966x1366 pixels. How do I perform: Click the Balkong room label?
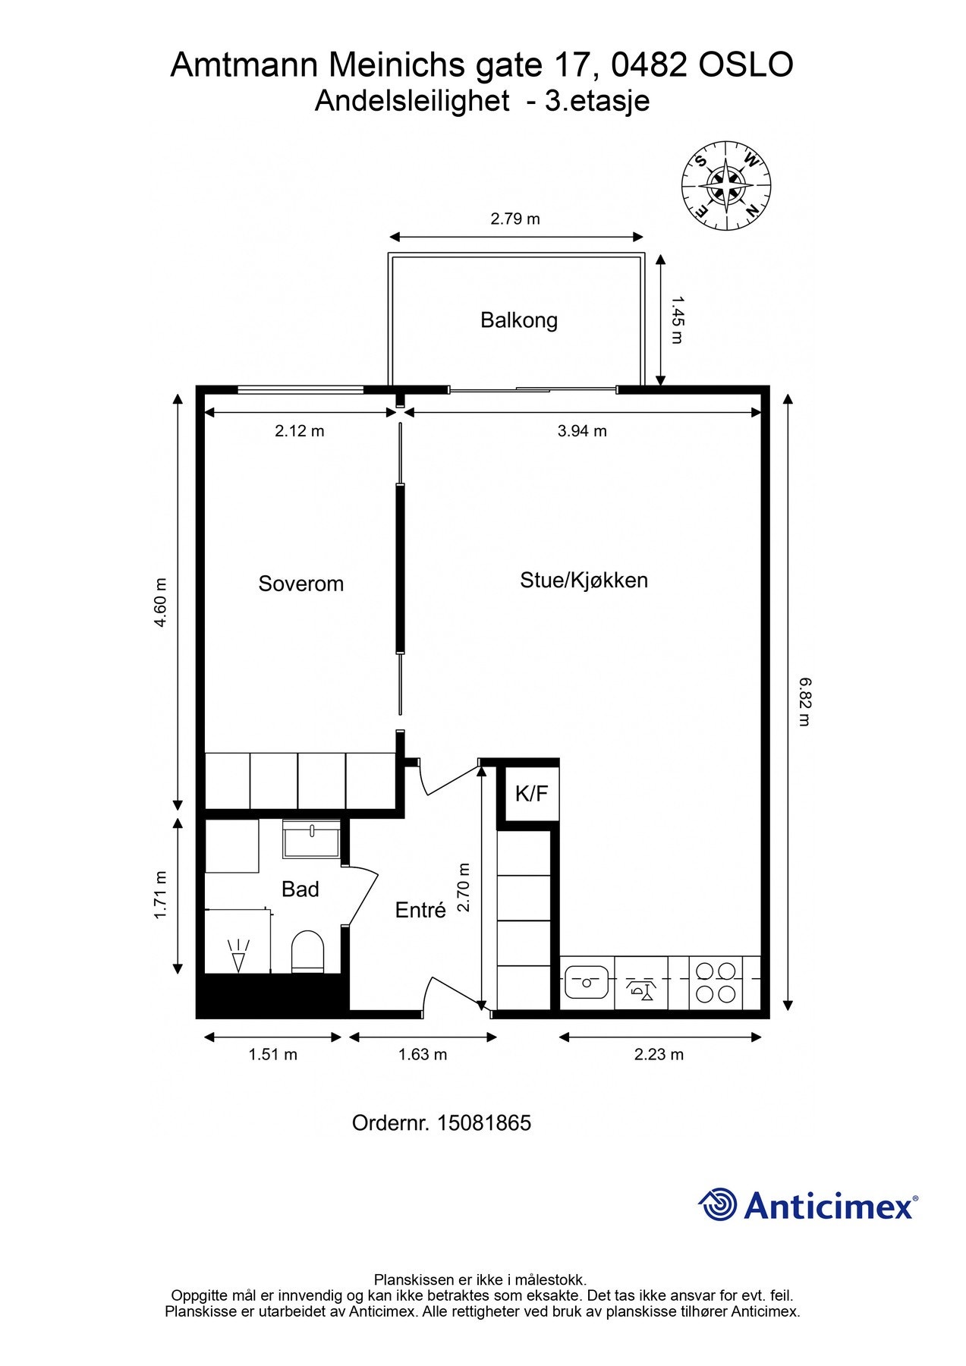coord(519,320)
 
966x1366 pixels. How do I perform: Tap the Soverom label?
coord(301,584)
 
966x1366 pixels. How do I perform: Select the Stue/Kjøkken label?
coord(584,581)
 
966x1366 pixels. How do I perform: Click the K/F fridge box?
coord(532,794)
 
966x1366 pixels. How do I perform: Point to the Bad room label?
coord(300,889)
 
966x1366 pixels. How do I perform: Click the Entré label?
coord(420,910)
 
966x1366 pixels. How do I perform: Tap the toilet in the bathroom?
coord(308,952)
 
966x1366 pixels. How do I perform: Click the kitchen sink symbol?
coord(586,983)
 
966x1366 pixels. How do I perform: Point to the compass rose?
coord(727,184)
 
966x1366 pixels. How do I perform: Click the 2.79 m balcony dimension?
coord(515,219)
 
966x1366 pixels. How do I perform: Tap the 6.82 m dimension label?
coord(805,702)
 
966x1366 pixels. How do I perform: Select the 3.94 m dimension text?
coord(582,432)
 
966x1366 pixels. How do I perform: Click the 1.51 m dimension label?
coord(273,1055)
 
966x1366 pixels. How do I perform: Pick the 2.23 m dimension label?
coord(659,1055)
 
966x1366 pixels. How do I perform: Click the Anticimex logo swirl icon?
coord(718,1205)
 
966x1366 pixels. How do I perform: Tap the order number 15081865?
coord(484,1123)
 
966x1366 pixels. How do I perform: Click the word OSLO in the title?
coord(745,65)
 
